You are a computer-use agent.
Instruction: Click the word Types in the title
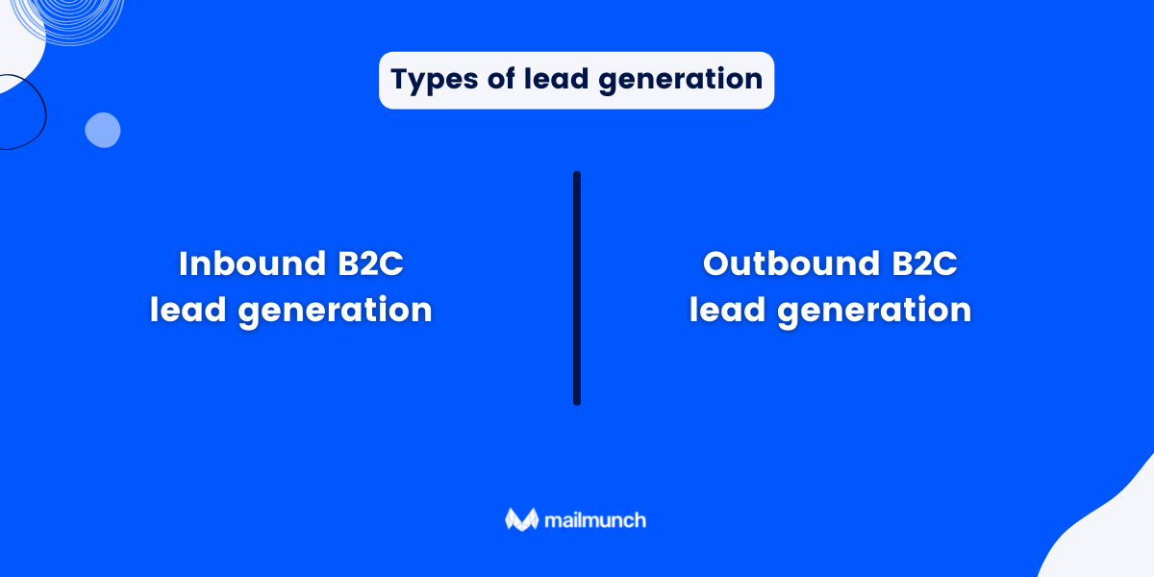pyautogui.click(x=429, y=80)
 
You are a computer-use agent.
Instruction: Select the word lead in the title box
pyautogui.click(x=555, y=80)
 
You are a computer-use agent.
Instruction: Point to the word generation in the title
pyautogui.click(x=680, y=81)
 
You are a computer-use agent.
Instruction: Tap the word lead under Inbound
pyautogui.click(x=188, y=310)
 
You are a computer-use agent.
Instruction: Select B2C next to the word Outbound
pyautogui.click(x=926, y=263)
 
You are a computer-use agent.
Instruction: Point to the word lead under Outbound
pyautogui.click(x=728, y=310)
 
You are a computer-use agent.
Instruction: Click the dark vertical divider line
pyautogui.click(x=577, y=288)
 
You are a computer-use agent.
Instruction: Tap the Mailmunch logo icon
pyautogui.click(x=520, y=519)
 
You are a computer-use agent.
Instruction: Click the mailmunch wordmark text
pyautogui.click(x=593, y=520)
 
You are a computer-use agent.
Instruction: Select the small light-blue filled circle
pyautogui.click(x=103, y=130)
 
